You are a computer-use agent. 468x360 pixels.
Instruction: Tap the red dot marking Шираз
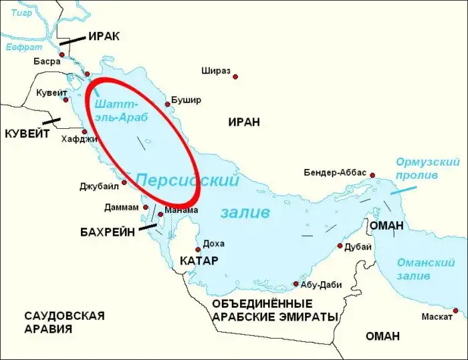[235, 77]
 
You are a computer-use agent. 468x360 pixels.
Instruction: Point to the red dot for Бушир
[167, 104]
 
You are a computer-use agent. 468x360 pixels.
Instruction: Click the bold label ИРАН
[243, 122]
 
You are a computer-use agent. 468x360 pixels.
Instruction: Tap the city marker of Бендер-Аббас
[373, 176]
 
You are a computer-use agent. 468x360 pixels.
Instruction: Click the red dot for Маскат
[455, 311]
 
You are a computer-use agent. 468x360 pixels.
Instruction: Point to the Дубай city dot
[340, 246]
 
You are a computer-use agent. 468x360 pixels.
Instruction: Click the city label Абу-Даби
[322, 285]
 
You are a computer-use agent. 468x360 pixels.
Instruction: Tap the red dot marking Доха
[198, 250]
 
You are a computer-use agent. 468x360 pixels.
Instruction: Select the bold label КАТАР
[199, 261]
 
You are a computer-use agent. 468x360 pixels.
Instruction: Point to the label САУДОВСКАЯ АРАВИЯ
[64, 322]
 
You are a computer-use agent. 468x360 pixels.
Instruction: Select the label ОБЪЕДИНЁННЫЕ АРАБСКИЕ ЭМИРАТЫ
[274, 310]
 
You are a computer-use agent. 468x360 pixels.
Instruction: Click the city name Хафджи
[74, 139]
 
